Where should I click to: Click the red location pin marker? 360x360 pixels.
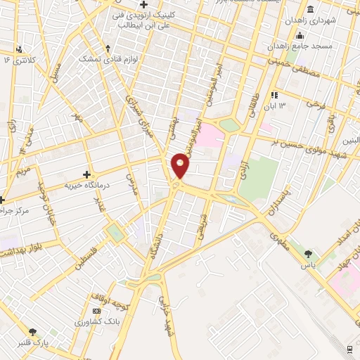click(x=181, y=165)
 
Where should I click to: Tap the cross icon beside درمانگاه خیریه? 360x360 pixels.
click(x=86, y=174)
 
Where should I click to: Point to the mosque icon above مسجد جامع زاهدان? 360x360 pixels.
click(x=300, y=35)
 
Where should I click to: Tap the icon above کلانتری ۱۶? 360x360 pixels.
click(x=19, y=49)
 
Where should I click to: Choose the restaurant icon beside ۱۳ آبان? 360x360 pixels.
click(x=275, y=94)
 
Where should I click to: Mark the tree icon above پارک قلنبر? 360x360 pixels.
click(x=32, y=332)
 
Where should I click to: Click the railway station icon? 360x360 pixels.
click(x=350, y=348)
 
